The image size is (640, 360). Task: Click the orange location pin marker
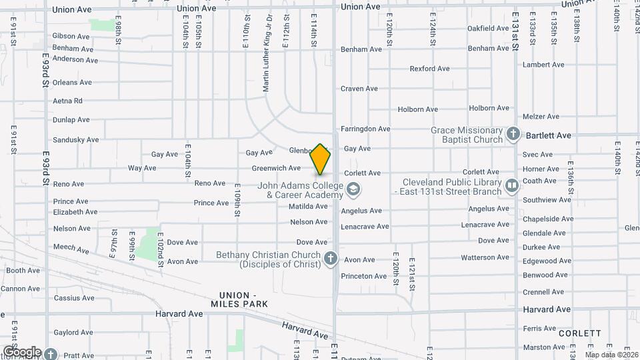(321, 159)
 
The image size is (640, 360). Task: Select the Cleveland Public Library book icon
(511, 185)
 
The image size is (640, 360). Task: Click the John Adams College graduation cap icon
(353, 190)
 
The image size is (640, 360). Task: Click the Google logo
(22, 351)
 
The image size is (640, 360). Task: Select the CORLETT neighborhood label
(580, 333)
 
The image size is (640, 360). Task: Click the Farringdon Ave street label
(365, 129)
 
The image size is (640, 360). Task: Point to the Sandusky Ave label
(75, 140)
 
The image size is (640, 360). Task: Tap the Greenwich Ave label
(276, 168)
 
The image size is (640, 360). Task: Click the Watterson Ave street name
(485, 257)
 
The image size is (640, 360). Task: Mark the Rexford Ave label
(430, 69)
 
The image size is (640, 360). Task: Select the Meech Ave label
(71, 249)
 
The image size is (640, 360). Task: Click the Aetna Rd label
(67, 101)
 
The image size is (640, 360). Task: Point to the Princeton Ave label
(363, 276)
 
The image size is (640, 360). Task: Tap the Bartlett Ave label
(549, 135)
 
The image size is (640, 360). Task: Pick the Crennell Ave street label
(543, 292)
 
